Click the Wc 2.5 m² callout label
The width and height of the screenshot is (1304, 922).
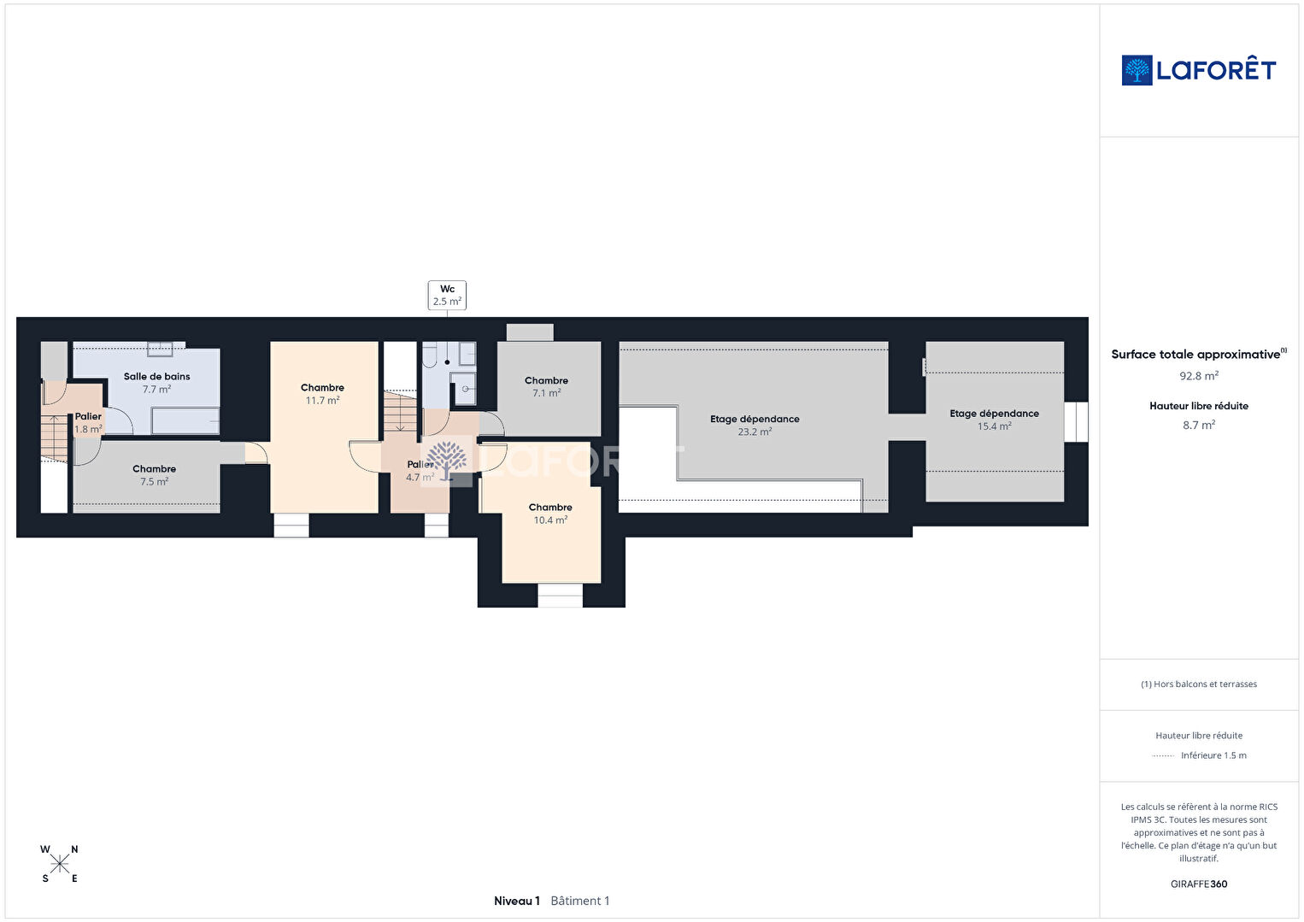tap(447, 295)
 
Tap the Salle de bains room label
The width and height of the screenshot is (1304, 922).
tap(156, 383)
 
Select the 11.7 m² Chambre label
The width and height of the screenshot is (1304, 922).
tap(322, 393)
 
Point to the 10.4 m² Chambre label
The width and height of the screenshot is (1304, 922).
tap(550, 514)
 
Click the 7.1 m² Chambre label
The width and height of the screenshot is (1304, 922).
tap(546, 386)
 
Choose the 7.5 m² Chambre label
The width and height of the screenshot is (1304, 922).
tap(155, 475)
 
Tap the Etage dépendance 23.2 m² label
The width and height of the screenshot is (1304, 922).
tap(755, 425)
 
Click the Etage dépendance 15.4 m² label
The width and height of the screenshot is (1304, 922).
tap(995, 420)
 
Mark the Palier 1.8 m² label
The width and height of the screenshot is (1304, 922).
tap(88, 423)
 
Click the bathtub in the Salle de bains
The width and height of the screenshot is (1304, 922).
tap(185, 420)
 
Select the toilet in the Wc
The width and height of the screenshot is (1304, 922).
tap(430, 355)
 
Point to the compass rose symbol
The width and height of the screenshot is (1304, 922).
tap(59, 864)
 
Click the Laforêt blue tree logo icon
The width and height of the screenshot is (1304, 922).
tap(1137, 70)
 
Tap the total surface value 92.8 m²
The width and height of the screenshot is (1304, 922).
tap(1199, 376)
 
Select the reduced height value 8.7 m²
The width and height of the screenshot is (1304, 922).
tap(1199, 425)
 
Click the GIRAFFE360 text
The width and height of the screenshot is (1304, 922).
tap(1199, 884)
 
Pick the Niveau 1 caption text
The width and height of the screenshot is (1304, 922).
tap(517, 901)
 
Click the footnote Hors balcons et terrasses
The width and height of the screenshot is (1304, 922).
tap(1199, 684)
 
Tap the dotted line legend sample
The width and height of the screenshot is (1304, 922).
tap(1163, 755)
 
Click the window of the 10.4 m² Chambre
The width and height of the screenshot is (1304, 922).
tap(560, 596)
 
